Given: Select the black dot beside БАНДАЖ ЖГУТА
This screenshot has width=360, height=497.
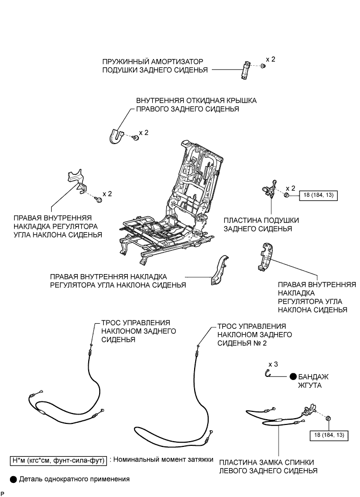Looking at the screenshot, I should click(293, 376).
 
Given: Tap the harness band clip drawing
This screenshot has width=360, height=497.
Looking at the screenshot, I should click(268, 373).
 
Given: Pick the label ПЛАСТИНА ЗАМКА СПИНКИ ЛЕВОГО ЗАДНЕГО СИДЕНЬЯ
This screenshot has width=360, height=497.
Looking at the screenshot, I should click(268, 466).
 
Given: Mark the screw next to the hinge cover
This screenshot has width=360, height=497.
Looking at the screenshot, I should click(135, 137).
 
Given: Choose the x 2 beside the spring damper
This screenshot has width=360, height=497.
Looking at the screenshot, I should click(270, 60).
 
